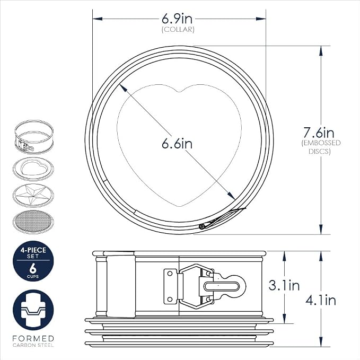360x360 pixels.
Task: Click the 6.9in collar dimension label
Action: pyautogui.click(x=177, y=19)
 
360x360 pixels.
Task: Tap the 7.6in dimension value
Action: pyautogui.click(x=319, y=133)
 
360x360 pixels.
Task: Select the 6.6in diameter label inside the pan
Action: pyautogui.click(x=177, y=144)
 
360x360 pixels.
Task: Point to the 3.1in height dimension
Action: pyautogui.click(x=284, y=286)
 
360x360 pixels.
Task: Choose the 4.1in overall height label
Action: pyautogui.click(x=321, y=300)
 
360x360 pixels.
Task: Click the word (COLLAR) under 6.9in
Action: pyautogui.click(x=178, y=30)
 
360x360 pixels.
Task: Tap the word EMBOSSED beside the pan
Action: pyautogui.click(x=321, y=143)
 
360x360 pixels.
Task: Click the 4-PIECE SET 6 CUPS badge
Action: pyautogui.click(x=33, y=261)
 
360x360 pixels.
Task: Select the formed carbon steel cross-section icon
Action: pyautogui.click(x=33, y=310)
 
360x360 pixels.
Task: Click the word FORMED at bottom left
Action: pyautogui.click(x=33, y=338)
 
